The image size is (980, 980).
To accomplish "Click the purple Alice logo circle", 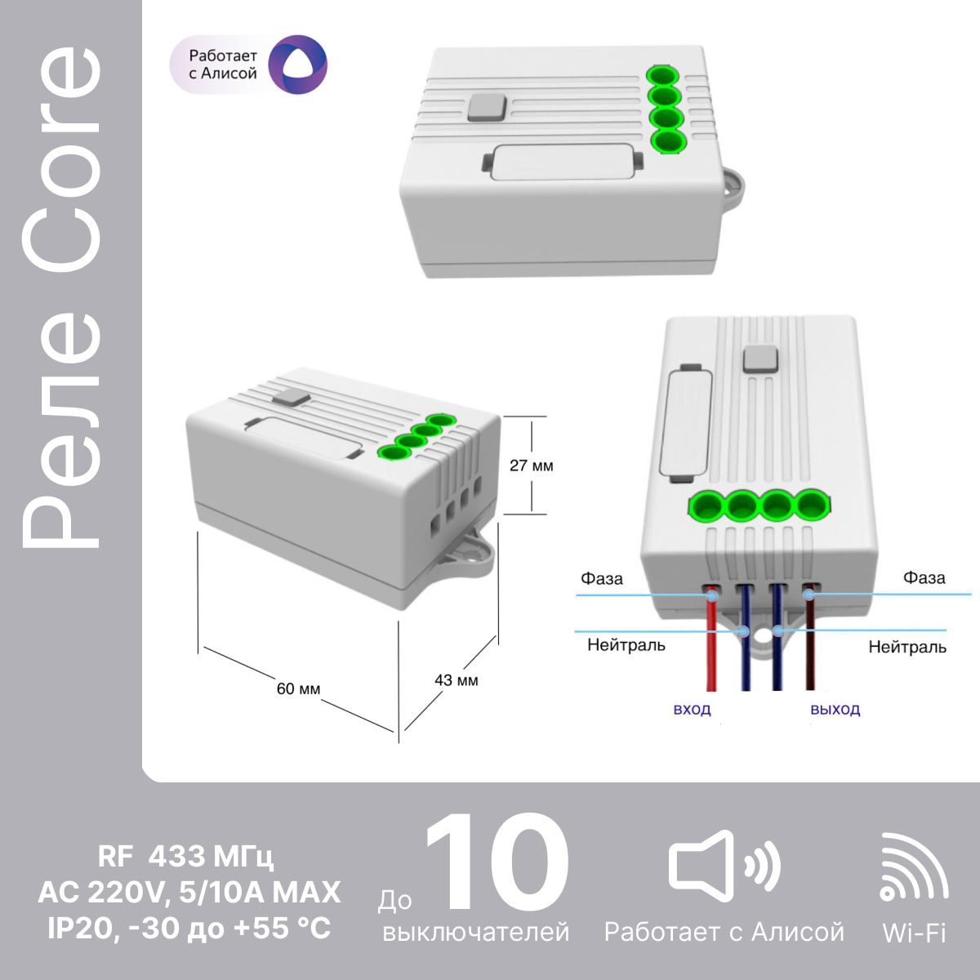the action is [x=297, y=65].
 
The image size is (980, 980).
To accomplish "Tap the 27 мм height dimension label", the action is [x=532, y=465].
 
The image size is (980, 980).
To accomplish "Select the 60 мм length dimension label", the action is [x=299, y=688].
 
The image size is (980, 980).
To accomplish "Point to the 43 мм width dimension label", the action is [x=457, y=680].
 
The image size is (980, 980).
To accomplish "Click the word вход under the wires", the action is [x=693, y=710].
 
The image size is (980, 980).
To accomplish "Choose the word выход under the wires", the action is [x=835, y=710].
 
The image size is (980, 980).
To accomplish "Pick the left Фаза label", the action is [x=602, y=579].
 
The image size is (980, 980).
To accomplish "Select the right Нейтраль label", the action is [x=907, y=647].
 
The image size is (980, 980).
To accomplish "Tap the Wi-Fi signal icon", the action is [x=914, y=867].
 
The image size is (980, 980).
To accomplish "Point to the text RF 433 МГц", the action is [x=185, y=856].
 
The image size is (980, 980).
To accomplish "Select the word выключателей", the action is [x=476, y=932].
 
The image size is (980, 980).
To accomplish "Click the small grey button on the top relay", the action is [x=488, y=107].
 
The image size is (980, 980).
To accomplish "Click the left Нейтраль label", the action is [x=626, y=645].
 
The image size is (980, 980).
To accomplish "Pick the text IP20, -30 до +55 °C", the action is [x=189, y=928].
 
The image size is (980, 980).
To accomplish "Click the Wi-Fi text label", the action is [x=915, y=933].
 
